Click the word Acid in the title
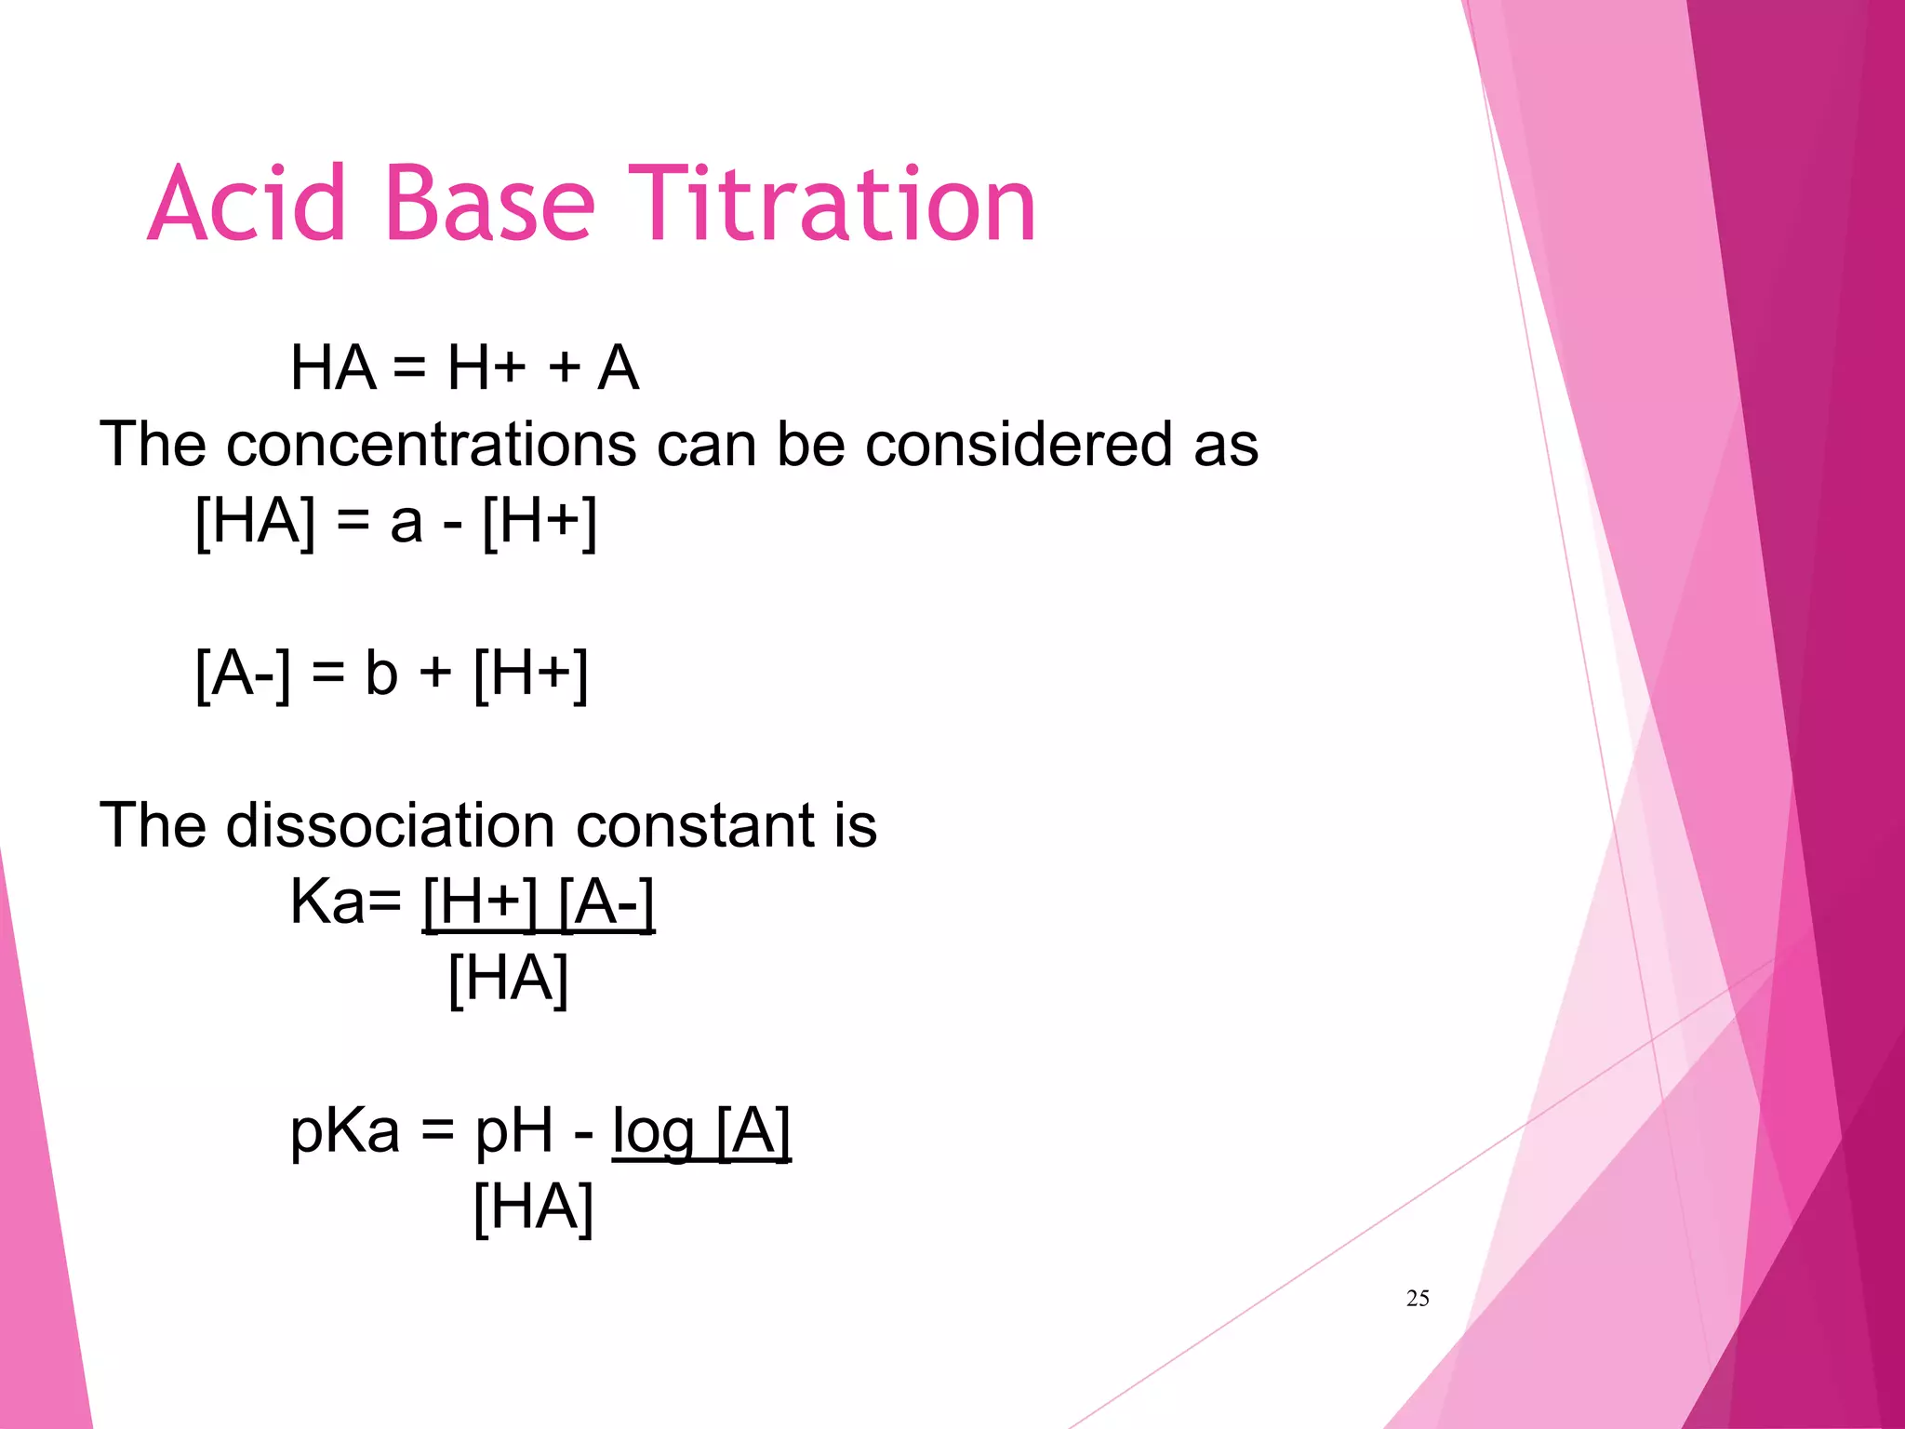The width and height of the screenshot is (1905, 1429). point(246,204)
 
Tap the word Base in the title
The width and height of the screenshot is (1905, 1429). point(488,204)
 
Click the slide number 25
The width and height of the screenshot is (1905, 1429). point(1418,1299)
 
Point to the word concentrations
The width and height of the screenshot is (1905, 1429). point(432,445)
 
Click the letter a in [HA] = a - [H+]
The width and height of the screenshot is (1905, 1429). point(406,523)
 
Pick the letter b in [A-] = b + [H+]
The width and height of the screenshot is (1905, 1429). point(381,674)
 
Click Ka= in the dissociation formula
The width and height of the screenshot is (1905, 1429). point(345,901)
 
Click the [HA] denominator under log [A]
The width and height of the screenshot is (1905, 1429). point(533,1208)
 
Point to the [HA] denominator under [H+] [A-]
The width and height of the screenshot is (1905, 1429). point(508,979)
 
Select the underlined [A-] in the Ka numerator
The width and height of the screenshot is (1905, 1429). point(606,901)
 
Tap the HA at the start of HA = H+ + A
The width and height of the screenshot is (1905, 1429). point(333,368)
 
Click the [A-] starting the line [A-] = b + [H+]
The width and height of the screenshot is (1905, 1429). point(243,674)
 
